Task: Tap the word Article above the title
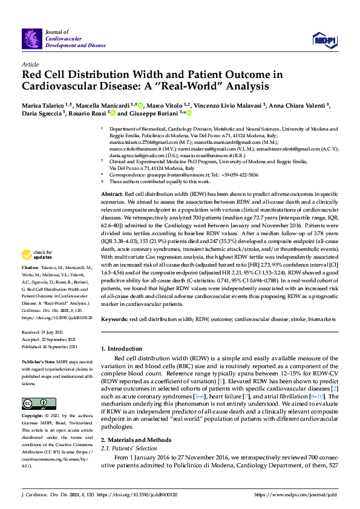(30, 63)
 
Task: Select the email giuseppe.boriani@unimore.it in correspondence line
(169, 175)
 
